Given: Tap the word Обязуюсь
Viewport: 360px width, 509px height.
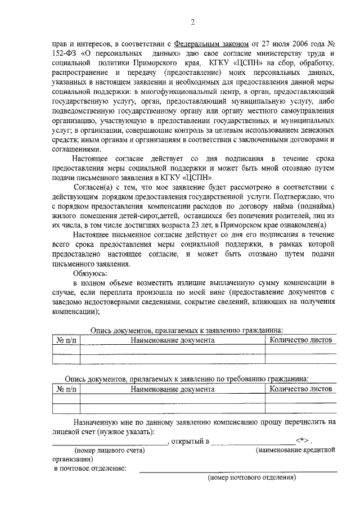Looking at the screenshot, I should [91, 272].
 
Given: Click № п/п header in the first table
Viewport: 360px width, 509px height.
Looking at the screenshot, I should [66, 340].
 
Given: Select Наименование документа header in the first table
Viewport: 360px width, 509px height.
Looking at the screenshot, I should [172, 340].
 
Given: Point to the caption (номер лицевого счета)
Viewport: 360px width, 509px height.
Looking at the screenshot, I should [110, 450].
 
